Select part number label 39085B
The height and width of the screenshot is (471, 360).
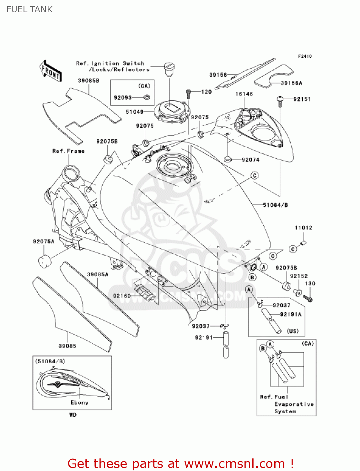[x=89, y=81]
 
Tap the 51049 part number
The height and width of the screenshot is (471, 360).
[x=134, y=112]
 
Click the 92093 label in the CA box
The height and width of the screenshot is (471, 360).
[x=123, y=98]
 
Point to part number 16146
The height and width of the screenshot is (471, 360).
[x=244, y=94]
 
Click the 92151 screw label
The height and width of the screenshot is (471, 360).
[x=302, y=99]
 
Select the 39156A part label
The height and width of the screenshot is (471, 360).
[x=291, y=83]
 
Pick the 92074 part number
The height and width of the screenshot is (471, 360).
[x=250, y=160]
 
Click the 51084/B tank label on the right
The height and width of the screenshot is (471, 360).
[x=275, y=205]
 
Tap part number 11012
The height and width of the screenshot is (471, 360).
[x=304, y=228]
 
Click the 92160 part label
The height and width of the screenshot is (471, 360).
[x=122, y=296]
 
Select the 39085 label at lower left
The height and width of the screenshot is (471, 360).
[x=67, y=346]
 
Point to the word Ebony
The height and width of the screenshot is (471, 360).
[x=79, y=403]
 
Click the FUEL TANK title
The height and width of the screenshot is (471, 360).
[x=30, y=9]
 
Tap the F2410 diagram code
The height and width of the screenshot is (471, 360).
[x=305, y=56]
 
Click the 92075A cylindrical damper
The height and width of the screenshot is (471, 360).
[x=44, y=261]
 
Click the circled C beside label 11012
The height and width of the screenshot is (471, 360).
[x=293, y=249]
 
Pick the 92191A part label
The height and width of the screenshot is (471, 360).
[x=291, y=314]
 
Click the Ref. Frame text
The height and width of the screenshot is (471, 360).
[x=68, y=151]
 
